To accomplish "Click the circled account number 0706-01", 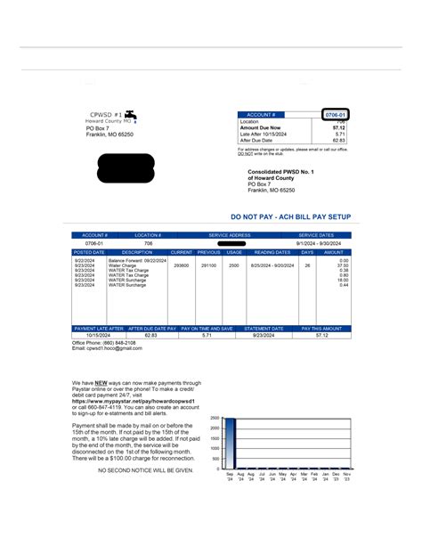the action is pyautogui.click(x=335, y=115).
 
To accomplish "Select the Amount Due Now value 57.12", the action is pyautogui.click(x=338, y=127).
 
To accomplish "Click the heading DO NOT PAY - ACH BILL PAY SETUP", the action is pyautogui.click(x=290, y=216).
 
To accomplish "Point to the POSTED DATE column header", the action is pyautogui.click(x=89, y=252).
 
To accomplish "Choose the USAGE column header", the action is pyautogui.click(x=234, y=252).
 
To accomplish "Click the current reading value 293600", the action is pyautogui.click(x=182, y=265).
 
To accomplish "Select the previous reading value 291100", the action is pyautogui.click(x=208, y=265).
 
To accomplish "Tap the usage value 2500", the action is pyautogui.click(x=234, y=265).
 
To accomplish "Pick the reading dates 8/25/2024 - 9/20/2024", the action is pyautogui.click(x=272, y=265).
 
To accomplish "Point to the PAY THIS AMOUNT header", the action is pyautogui.click(x=325, y=329).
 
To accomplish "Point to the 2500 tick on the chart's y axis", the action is pyautogui.click(x=215, y=418).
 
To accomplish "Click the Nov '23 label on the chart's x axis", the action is pyautogui.click(x=345, y=477).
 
